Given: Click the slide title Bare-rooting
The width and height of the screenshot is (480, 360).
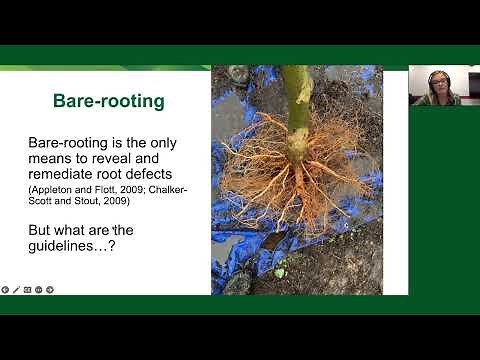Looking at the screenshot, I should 108,101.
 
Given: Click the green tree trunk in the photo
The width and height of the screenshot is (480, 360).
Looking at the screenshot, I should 296,100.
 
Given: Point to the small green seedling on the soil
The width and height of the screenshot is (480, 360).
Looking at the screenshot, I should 281,270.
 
